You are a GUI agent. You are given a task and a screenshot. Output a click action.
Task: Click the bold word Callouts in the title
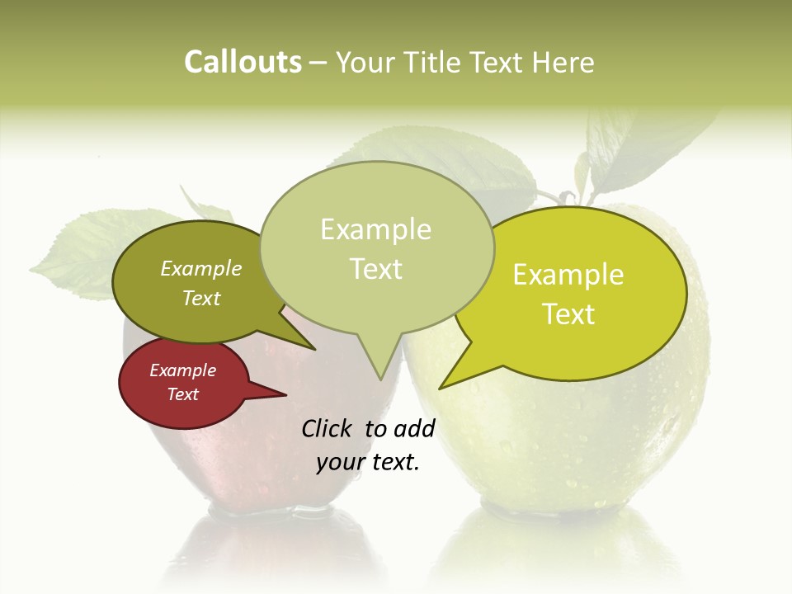pyautogui.click(x=243, y=62)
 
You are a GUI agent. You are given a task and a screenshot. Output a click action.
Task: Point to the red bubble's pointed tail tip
pyautogui.click(x=285, y=394)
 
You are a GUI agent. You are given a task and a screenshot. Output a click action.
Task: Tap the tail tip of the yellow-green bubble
pyautogui.click(x=441, y=388)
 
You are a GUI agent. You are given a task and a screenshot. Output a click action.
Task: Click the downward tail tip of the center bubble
pyautogui.click(x=380, y=379)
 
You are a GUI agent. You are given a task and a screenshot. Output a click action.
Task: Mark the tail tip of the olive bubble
pyautogui.click(x=315, y=349)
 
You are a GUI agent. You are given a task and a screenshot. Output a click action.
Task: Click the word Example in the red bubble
pyautogui.click(x=182, y=370)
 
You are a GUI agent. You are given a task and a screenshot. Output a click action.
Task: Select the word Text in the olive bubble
pyautogui.click(x=201, y=298)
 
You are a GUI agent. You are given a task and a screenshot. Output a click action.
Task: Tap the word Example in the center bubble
pyautogui.click(x=375, y=229)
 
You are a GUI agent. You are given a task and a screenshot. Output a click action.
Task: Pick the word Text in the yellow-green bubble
pyautogui.click(x=568, y=313)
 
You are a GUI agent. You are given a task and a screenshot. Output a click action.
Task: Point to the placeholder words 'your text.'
pyautogui.click(x=368, y=462)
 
